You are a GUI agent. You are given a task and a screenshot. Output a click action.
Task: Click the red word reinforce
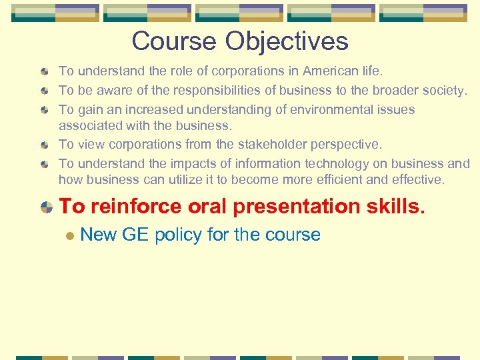[x=136, y=207]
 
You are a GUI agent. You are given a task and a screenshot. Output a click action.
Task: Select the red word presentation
[x=297, y=207]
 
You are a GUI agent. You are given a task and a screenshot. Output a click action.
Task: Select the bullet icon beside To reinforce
[x=46, y=207]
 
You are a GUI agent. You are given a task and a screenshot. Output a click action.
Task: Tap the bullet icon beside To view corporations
[x=45, y=145]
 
